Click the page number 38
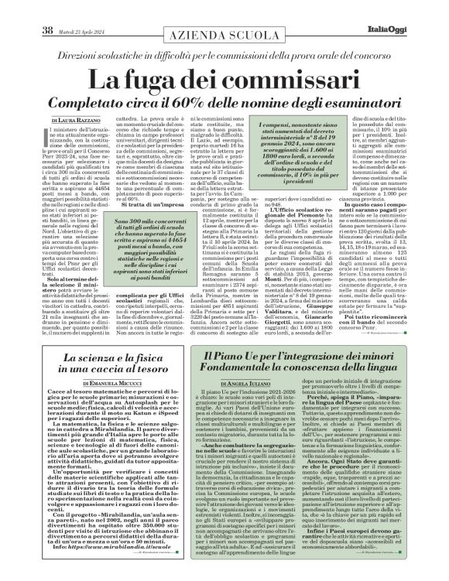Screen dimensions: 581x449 (25, 9)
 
